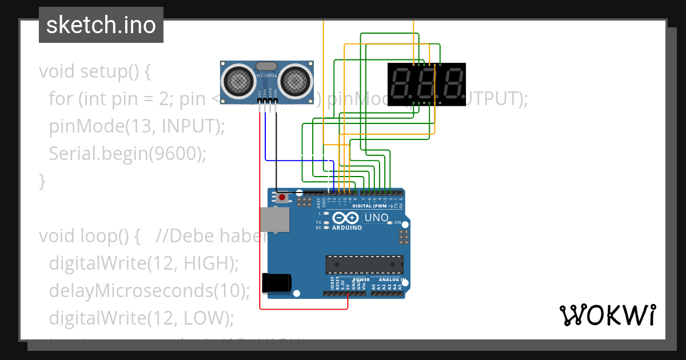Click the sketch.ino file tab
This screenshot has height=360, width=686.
(101, 25)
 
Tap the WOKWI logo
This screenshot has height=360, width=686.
(607, 315)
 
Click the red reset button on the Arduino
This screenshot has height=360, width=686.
(282, 198)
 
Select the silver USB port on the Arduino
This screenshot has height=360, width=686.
(273, 219)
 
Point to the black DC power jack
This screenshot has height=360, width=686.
(276, 284)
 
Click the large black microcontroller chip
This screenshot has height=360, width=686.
(364, 265)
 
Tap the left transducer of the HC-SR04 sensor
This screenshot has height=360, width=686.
(240, 81)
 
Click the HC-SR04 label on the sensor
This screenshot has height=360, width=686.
(268, 75)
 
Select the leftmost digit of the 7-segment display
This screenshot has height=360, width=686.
(403, 84)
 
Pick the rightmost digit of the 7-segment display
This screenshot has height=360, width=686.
(452, 84)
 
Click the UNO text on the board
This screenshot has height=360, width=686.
(376, 218)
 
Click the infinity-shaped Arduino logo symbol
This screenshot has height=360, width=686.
(345, 218)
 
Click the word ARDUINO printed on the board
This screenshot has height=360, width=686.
(347, 227)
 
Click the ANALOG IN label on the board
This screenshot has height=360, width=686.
(390, 280)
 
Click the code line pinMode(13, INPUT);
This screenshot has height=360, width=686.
(137, 126)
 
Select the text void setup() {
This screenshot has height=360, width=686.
(94, 71)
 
